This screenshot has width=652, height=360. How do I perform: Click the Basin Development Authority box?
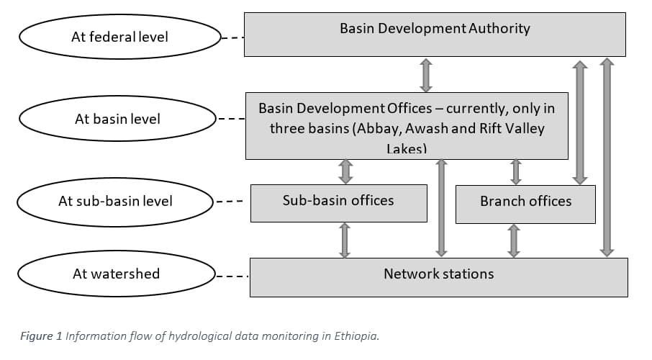pos(435,34)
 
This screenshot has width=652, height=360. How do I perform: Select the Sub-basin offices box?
pos(338,202)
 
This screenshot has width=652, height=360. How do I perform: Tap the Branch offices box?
pos(525,204)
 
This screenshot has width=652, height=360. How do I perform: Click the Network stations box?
pos(438,276)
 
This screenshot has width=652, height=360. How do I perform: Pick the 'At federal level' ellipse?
pos(119,37)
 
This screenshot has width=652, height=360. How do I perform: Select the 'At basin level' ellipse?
pos(117,119)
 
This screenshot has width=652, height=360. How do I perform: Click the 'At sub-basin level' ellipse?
pos(115,202)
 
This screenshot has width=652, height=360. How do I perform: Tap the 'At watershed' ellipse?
pos(116,274)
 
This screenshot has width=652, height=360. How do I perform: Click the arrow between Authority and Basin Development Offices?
pos(426,75)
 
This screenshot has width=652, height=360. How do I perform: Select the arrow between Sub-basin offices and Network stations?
pos(345,240)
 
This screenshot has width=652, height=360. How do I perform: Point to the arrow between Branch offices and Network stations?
pos(514,240)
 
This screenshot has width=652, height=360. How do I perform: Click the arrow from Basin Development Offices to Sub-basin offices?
pos(345,171)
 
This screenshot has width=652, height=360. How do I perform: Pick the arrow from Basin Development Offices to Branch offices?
pos(515,171)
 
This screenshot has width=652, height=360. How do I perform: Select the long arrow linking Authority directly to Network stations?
pos(607,157)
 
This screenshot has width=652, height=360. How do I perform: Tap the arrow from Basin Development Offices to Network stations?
pos(442,207)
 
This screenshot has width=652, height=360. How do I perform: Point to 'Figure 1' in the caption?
pos(40,336)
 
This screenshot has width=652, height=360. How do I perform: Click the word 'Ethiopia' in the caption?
pos(355,336)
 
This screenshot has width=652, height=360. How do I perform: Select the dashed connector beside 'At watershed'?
pos(232,275)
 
